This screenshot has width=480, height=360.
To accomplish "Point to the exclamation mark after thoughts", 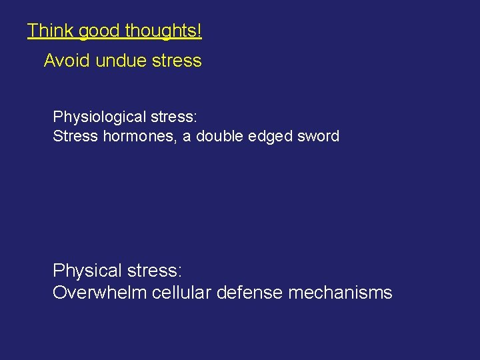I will [199, 31].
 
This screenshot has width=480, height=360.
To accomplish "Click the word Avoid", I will [67, 61].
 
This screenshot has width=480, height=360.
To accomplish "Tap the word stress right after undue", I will [176, 61].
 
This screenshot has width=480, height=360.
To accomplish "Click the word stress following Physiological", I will [173, 117].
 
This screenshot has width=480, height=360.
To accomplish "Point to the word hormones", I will [139, 137].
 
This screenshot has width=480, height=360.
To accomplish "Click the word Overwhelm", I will [100, 293].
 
